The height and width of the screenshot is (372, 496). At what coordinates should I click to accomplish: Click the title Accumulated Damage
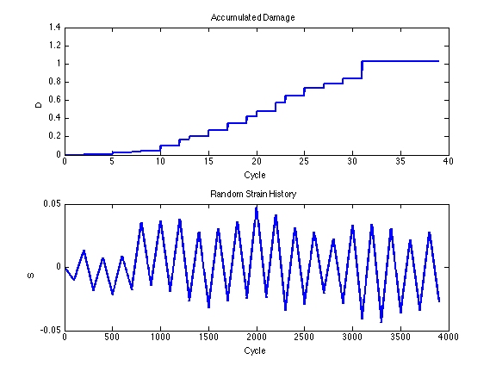click(x=253, y=17)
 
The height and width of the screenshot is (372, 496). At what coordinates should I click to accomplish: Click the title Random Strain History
click(x=253, y=194)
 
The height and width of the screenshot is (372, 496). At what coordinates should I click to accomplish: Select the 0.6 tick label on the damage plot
click(x=54, y=100)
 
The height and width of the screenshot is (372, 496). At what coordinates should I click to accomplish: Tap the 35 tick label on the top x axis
click(x=400, y=162)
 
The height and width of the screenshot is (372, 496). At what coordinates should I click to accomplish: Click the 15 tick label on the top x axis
click(x=208, y=162)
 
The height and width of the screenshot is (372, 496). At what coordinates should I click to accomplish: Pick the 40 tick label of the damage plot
click(x=449, y=162)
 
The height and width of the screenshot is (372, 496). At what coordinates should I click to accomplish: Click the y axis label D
click(x=38, y=105)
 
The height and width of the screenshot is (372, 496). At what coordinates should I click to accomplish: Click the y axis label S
click(x=31, y=276)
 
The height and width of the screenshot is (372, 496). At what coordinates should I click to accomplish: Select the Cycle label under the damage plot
click(x=255, y=175)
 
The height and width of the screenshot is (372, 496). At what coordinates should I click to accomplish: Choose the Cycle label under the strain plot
click(x=255, y=350)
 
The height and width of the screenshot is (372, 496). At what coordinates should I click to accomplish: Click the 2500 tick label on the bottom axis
click(x=304, y=338)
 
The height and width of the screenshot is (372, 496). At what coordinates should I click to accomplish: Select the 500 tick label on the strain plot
click(x=112, y=338)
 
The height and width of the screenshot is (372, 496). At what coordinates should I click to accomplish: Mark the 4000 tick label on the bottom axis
click(x=449, y=338)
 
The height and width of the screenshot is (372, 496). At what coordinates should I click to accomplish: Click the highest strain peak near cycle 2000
click(x=257, y=207)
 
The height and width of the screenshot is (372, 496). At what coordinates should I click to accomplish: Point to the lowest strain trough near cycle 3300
click(x=381, y=322)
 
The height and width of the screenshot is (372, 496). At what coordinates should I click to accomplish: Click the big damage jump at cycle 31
click(x=362, y=70)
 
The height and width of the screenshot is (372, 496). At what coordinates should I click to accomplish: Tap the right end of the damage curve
click(x=439, y=61)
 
